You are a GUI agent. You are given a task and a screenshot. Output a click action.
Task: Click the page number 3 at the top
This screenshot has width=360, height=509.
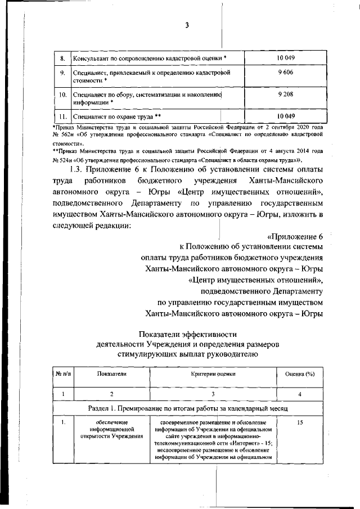186,25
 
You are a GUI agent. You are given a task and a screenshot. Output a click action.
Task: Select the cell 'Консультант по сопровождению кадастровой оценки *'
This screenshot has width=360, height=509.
150,58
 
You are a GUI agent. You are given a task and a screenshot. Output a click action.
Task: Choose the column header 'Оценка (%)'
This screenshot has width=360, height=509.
299,373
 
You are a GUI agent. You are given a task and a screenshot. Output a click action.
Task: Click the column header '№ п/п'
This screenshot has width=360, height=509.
62,373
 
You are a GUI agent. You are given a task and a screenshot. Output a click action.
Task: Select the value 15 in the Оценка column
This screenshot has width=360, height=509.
299,422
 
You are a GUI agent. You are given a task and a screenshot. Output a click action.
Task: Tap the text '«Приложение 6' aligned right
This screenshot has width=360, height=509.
295,236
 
